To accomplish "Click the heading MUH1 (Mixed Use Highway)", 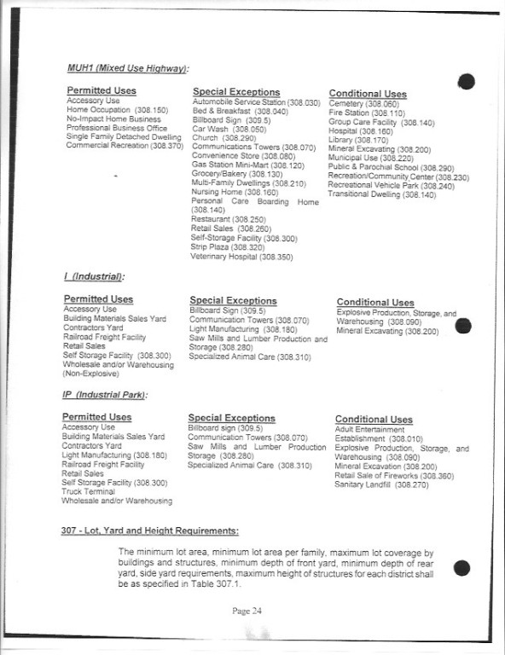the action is tap(128, 67).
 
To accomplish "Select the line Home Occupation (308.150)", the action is tap(117, 111).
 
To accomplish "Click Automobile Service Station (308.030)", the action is tap(255, 102).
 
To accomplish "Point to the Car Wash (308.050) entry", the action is tap(222, 129).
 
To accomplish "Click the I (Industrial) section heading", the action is tap(94, 278).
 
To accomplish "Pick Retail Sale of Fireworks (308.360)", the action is tap(394, 476).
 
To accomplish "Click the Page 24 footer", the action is tap(252, 611).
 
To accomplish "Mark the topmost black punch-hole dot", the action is tap(466, 83).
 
